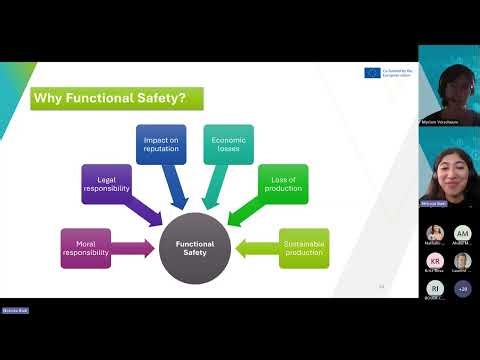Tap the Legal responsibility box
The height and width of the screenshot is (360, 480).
105,186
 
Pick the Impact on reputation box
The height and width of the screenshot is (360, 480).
161,144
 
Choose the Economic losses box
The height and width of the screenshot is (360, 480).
227,144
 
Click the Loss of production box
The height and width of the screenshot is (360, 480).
282,186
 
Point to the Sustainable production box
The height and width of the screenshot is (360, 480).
303,247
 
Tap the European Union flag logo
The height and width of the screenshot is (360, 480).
373,73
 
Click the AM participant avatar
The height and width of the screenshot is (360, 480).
462,234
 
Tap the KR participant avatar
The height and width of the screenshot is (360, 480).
434,261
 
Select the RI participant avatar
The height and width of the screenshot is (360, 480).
434,288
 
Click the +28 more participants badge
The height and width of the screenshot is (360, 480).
462,288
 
